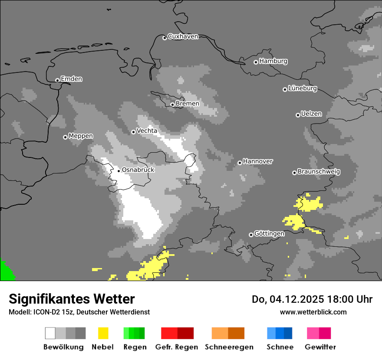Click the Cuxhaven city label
tap(183, 36)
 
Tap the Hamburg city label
tap(273, 61)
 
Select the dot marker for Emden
tap(57, 80)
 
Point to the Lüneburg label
tap(302, 88)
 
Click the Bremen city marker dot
tap(172, 105)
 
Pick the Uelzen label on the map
tap(311, 114)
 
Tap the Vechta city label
tap(147, 131)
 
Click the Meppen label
tap(81, 136)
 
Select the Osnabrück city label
tap(138, 170)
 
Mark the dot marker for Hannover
tap(240, 163)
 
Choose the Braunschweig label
tap(319, 172)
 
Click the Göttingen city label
tap(269, 234)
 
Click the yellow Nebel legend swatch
tap(103, 333)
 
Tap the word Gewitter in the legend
tap(320, 347)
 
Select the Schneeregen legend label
tap(229, 347)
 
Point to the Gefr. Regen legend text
tap(177, 347)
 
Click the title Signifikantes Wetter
tap(72, 299)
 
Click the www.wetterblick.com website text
tap(313, 312)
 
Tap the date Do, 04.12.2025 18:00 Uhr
tap(312, 299)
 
